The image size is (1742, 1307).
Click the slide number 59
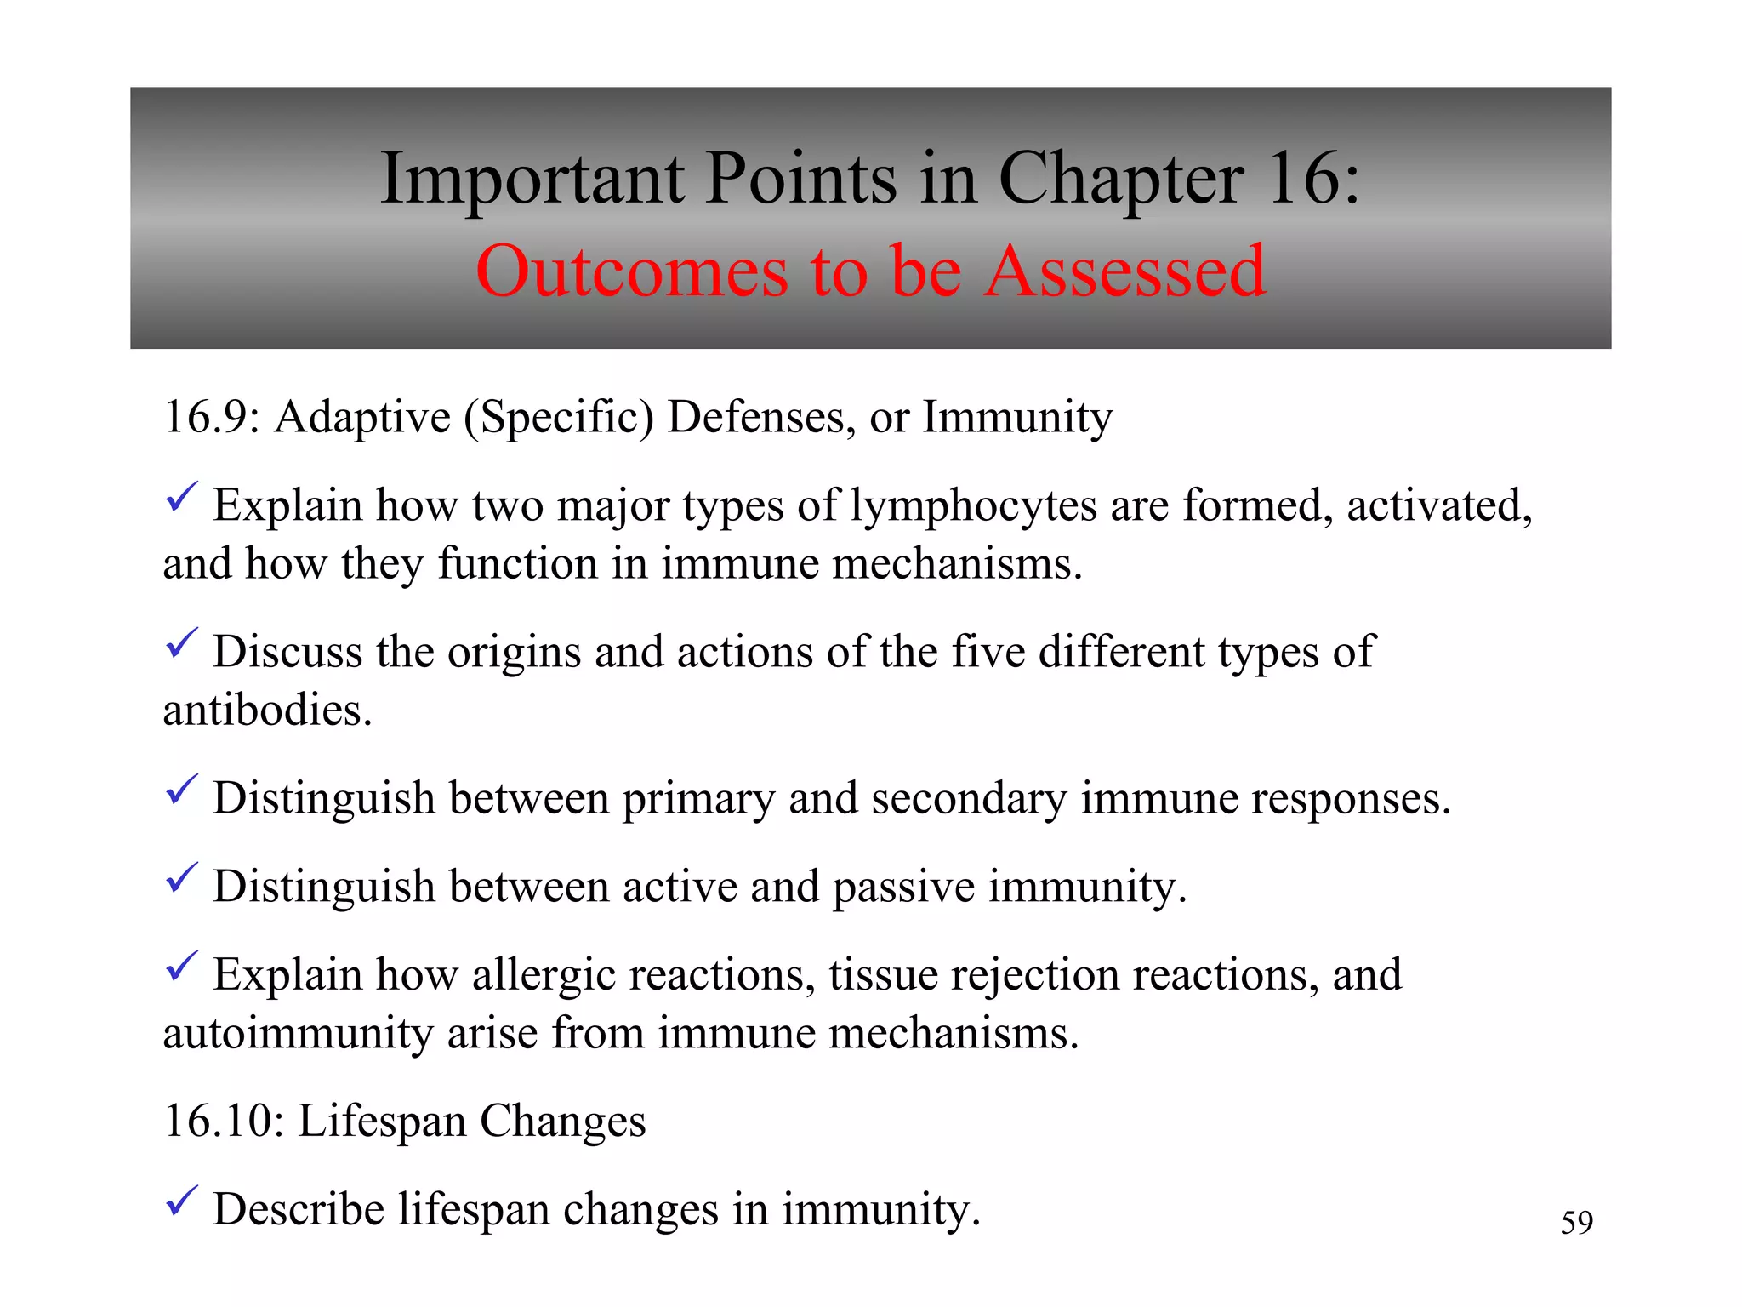click(x=1576, y=1223)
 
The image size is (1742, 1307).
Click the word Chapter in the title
click(x=1120, y=181)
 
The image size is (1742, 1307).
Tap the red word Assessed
click(x=1125, y=271)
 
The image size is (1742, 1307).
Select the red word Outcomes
click(x=632, y=271)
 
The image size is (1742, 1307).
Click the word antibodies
click(x=267, y=711)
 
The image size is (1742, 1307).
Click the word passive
click(x=903, y=888)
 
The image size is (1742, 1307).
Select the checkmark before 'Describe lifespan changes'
click(x=181, y=1201)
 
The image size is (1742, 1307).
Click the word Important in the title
click(x=532, y=180)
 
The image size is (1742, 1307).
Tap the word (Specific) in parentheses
click(x=559, y=419)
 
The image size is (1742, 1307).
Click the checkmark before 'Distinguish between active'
click(x=181, y=877)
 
